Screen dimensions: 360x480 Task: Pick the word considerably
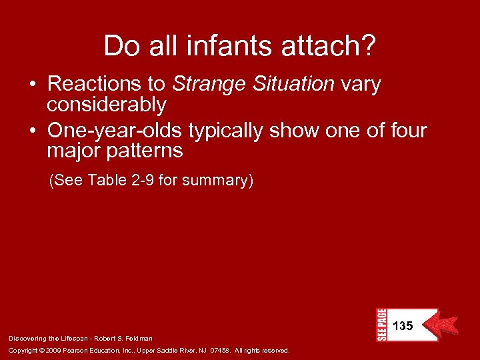(x=106, y=105)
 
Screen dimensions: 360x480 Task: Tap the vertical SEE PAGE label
(x=381, y=325)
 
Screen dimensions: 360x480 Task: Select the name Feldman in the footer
(x=139, y=339)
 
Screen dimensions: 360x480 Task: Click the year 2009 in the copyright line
(x=53, y=350)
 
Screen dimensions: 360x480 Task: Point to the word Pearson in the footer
(x=79, y=350)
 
